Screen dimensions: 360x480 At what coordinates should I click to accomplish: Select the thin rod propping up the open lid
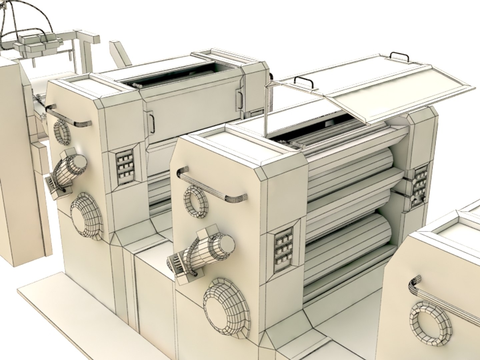point(266,110)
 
